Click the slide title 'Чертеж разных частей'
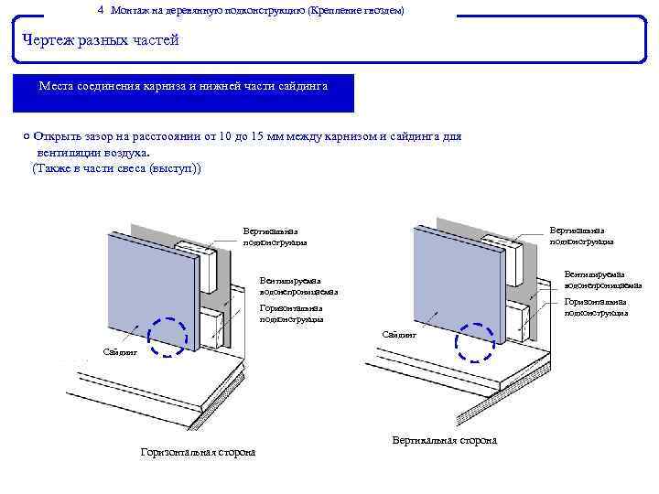pyautogui.click(x=101, y=40)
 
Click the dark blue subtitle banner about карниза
pyautogui.click(x=183, y=92)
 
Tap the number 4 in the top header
pyautogui.click(x=100, y=9)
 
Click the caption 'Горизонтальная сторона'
pyautogui.click(x=198, y=452)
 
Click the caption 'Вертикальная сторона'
pyautogui.click(x=444, y=440)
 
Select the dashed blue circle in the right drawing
pyautogui.click(x=475, y=342)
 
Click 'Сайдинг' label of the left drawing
pyautogui.click(x=119, y=351)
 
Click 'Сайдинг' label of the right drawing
pyautogui.click(x=398, y=335)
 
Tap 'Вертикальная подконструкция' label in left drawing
pyautogui.click(x=275, y=237)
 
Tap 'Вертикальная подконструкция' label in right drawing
pyautogui.click(x=581, y=236)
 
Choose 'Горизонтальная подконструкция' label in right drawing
pyautogui.click(x=596, y=306)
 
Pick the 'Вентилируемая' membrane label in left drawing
pyautogui.click(x=298, y=285)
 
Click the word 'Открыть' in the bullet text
pyautogui.click(x=57, y=136)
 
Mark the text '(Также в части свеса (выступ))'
pyautogui.click(x=116, y=169)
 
